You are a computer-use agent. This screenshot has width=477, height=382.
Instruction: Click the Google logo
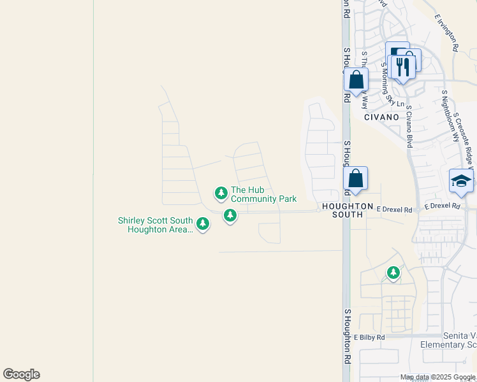click(x=21, y=374)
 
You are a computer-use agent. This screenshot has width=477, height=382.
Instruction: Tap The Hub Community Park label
click(x=263, y=194)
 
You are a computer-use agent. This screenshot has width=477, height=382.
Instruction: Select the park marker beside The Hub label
click(x=221, y=192)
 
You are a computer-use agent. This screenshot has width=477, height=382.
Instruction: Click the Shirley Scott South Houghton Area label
click(x=155, y=225)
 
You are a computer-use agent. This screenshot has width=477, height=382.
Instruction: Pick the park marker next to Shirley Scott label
click(x=203, y=223)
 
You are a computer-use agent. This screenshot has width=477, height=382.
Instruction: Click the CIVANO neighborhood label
click(x=381, y=117)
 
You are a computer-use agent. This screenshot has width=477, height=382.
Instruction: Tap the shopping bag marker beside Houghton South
click(x=355, y=180)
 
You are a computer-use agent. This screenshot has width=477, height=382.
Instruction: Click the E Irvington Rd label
click(x=446, y=33)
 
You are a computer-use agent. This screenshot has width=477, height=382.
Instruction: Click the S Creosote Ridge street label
click(x=466, y=137)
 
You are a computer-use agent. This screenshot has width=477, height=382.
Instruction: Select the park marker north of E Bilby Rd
click(x=393, y=273)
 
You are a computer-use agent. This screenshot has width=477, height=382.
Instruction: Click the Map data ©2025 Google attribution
click(x=438, y=377)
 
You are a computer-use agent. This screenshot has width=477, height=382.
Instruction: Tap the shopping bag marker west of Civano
click(x=356, y=80)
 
